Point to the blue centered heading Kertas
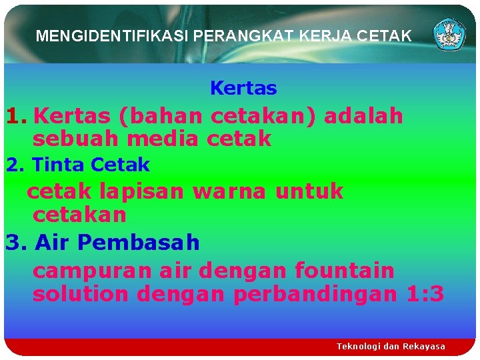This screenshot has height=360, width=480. point(243,88)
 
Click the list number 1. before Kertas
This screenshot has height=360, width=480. point(17,116)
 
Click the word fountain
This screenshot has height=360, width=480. point(345,271)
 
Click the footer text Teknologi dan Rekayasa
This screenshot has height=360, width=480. point(391,347)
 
